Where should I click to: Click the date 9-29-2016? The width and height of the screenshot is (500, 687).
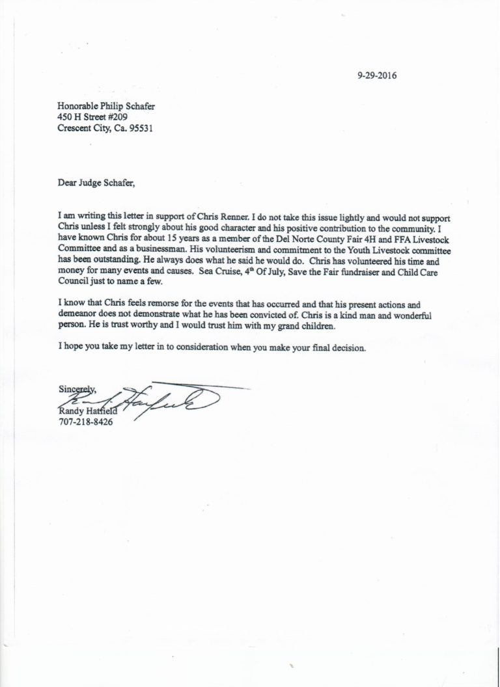tap(377, 75)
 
